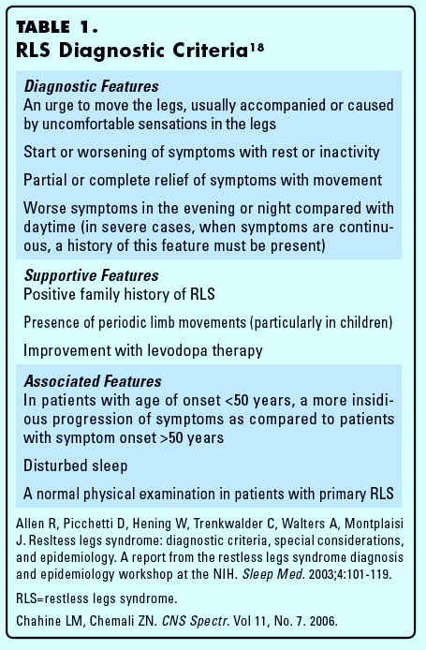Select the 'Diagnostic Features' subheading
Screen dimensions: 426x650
(x=91, y=86)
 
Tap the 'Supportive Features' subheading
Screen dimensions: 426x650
(x=91, y=276)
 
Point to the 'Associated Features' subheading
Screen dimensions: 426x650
(x=93, y=381)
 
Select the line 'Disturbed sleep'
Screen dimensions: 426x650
(x=76, y=465)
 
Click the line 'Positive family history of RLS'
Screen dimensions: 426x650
(x=120, y=295)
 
